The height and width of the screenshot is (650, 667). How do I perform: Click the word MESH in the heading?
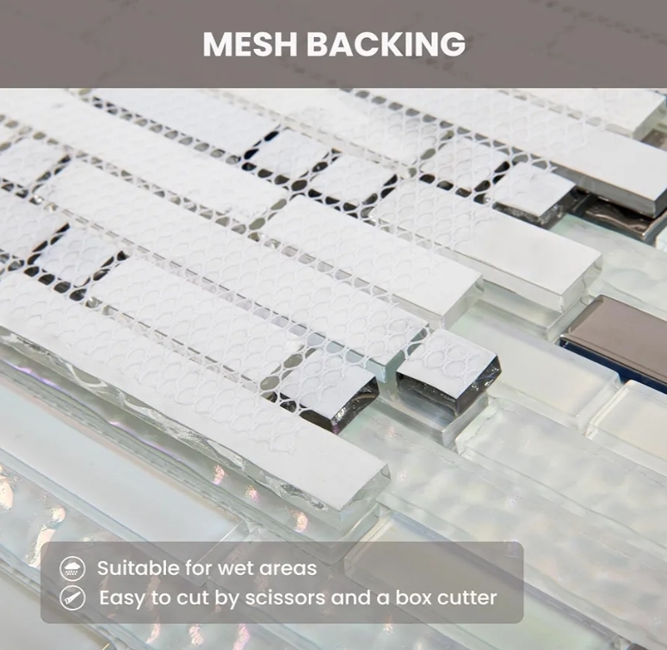point(250,44)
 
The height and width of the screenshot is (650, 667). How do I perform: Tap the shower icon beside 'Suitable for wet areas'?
point(72,568)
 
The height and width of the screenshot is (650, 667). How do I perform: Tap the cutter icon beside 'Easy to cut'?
point(72,597)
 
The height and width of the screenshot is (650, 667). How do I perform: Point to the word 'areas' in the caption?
point(288,569)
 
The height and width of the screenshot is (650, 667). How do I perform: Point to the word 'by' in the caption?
point(227,599)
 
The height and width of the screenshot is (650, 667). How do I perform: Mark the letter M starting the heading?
point(217,44)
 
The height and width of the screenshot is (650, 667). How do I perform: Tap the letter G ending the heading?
point(453,44)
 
